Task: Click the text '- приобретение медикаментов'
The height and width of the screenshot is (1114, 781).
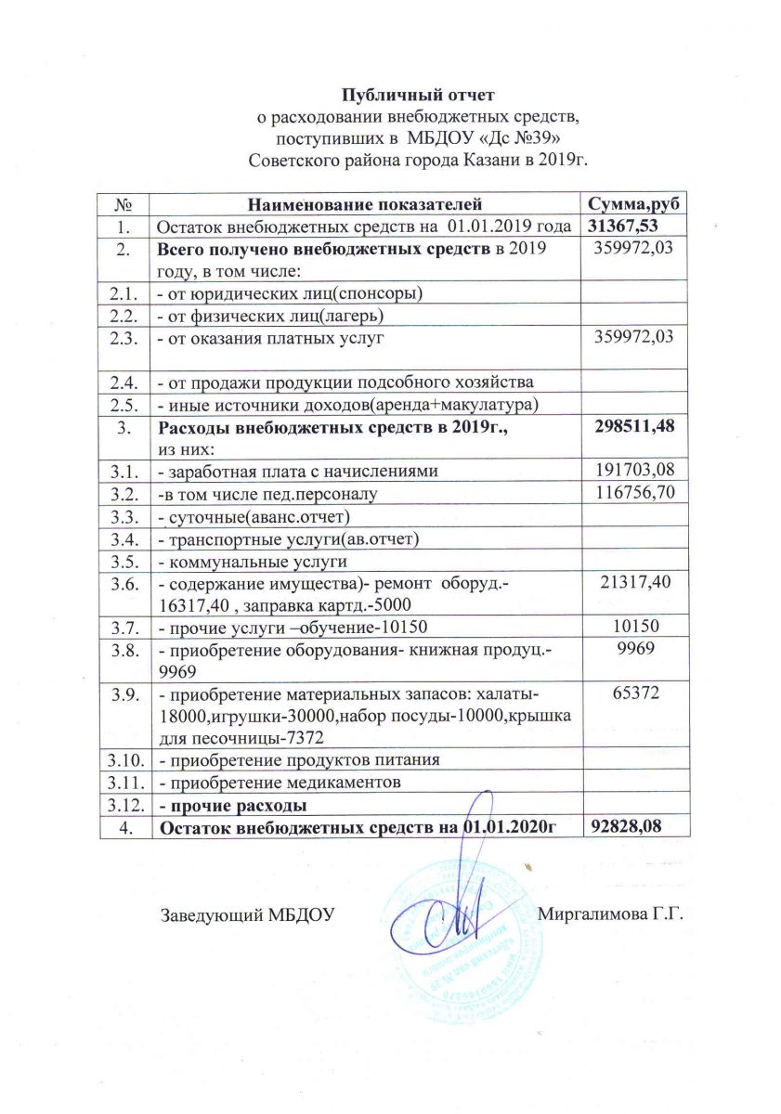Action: pyautogui.click(x=280, y=783)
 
